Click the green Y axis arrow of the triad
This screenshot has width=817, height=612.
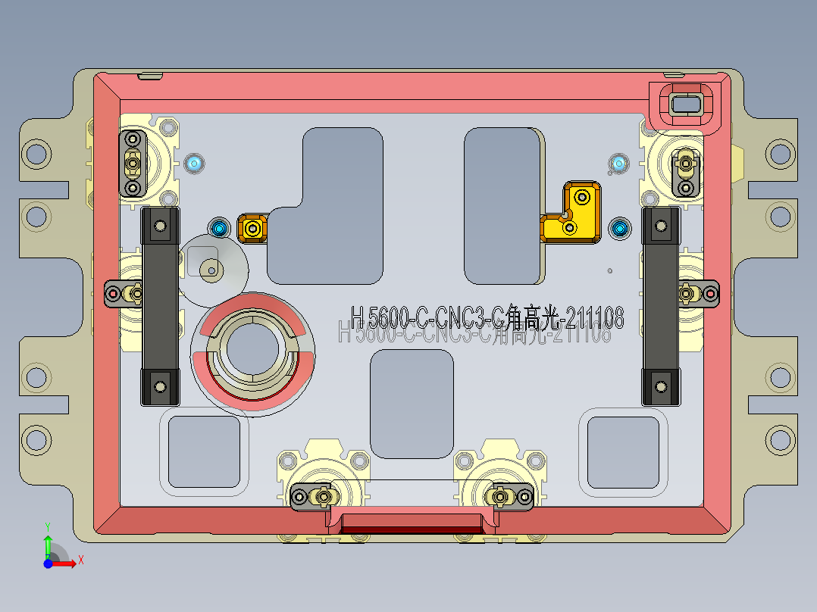pos(47,545)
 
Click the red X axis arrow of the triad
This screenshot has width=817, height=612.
pos(67,563)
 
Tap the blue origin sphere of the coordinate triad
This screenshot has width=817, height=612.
pos(48,564)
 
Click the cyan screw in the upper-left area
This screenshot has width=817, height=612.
pos(195,163)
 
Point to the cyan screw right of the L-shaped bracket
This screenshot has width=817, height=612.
pos(620,227)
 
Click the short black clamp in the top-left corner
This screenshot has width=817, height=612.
pos(133,163)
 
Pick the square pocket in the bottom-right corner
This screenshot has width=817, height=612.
pos(623,451)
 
